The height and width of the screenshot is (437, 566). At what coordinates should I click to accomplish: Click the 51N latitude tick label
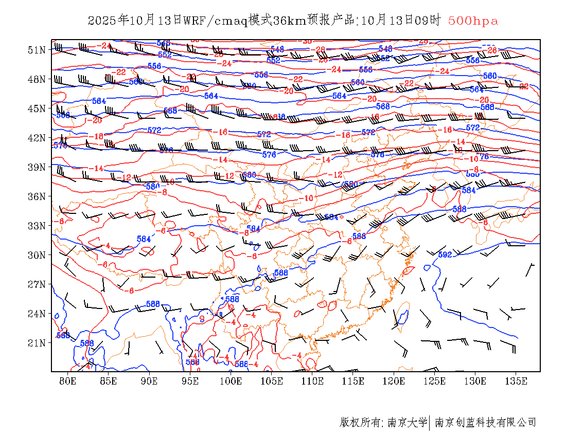[37, 50]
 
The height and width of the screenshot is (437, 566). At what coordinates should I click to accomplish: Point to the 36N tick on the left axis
[37, 196]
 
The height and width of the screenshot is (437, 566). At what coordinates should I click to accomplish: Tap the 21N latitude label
[37, 343]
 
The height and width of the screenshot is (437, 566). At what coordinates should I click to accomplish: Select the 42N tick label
[37, 138]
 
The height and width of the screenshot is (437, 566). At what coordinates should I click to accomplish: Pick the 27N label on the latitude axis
[37, 284]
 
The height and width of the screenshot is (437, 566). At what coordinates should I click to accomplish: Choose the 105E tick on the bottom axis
[272, 381]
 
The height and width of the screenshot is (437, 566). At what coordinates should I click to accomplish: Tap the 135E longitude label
[516, 381]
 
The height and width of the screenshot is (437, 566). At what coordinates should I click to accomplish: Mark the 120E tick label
[394, 381]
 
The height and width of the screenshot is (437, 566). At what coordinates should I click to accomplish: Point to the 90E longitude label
[149, 381]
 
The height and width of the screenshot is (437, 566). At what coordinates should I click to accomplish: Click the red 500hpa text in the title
[473, 21]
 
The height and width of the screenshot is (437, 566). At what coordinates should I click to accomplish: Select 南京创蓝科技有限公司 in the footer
[486, 423]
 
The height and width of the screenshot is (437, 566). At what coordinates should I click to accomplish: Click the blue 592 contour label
[445, 254]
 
